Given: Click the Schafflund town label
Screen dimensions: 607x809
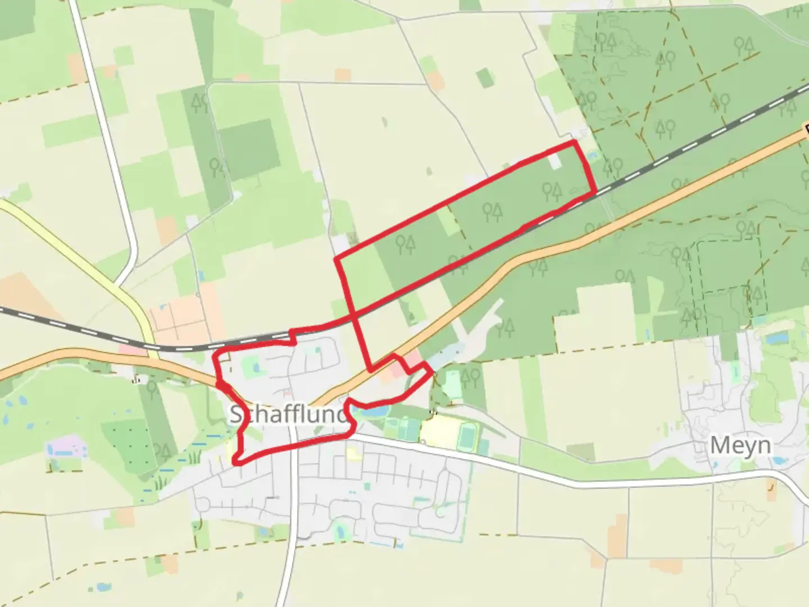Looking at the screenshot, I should (x=288, y=415).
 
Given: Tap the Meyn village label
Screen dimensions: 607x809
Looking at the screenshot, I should (x=740, y=446).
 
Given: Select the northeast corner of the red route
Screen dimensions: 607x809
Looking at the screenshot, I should (x=574, y=143).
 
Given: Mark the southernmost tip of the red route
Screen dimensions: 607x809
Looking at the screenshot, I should (x=238, y=462).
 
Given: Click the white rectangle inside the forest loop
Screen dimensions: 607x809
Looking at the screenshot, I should (x=555, y=162).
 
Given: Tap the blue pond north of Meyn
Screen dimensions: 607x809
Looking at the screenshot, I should (x=778, y=338).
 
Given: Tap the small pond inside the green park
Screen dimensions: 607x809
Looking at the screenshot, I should (x=256, y=368).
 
